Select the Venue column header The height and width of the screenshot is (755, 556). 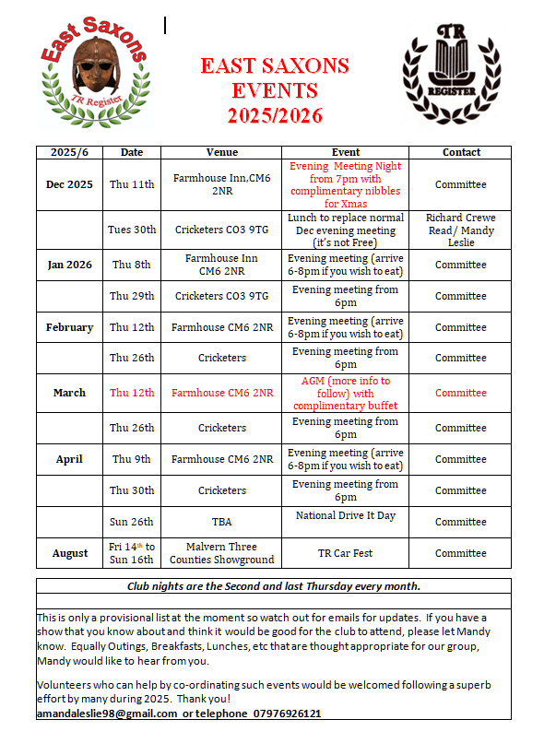[x=221, y=152]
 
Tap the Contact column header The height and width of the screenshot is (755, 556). [x=461, y=152]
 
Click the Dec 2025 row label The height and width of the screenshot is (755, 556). [x=69, y=184]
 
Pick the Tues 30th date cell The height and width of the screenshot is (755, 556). [x=133, y=230]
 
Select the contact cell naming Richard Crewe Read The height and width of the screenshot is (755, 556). [x=460, y=230]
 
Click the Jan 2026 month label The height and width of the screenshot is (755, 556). [x=69, y=265]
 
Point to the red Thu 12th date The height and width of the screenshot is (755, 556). [x=133, y=393]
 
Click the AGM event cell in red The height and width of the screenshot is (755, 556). [x=346, y=393]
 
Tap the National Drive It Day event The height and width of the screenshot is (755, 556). [x=346, y=515]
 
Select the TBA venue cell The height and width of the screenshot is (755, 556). [x=221, y=522]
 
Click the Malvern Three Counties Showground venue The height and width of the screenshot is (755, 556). [x=221, y=553]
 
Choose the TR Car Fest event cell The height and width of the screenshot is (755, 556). [x=346, y=553]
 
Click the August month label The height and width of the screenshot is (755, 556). [x=69, y=553]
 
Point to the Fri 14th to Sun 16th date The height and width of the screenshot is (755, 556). [x=133, y=553]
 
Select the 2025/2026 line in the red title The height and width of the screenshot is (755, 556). [x=276, y=115]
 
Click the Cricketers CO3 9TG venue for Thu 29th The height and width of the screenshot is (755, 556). [x=221, y=296]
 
